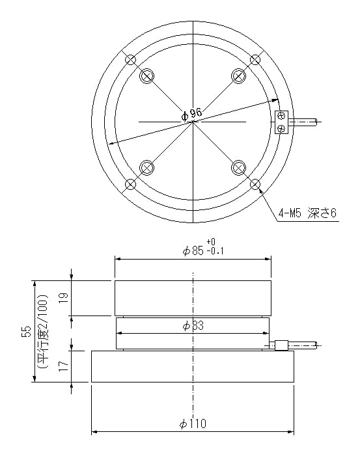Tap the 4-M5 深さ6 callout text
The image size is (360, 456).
point(307,213)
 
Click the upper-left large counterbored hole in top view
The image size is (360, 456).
point(147,76)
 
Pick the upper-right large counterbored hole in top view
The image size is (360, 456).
point(240,76)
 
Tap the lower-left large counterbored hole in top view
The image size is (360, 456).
point(147,167)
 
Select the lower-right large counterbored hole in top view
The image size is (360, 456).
point(240,167)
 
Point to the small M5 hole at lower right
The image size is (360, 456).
point(255,183)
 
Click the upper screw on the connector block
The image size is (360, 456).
point(281,116)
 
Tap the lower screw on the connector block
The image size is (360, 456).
point(281,128)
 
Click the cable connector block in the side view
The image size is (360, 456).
point(281,345)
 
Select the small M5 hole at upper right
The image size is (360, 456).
point(255,60)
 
